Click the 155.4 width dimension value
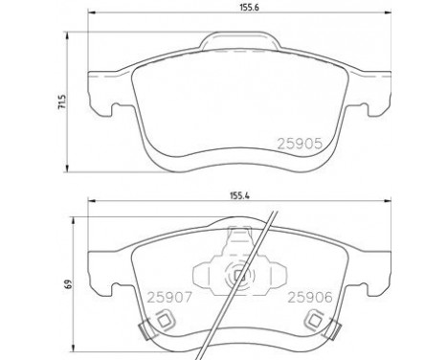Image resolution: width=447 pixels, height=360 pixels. click(239, 195)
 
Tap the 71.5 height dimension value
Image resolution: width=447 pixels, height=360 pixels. click(62, 102)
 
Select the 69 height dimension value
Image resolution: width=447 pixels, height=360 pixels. click(68, 283)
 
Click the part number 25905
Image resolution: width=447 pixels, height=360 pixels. click(300, 144)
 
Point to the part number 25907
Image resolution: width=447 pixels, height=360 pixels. click(168, 298)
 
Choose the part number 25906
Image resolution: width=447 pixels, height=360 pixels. click(310, 298)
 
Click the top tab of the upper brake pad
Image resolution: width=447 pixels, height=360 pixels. click(240, 41)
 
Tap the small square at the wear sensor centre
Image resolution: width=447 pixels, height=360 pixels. click(239, 276)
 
